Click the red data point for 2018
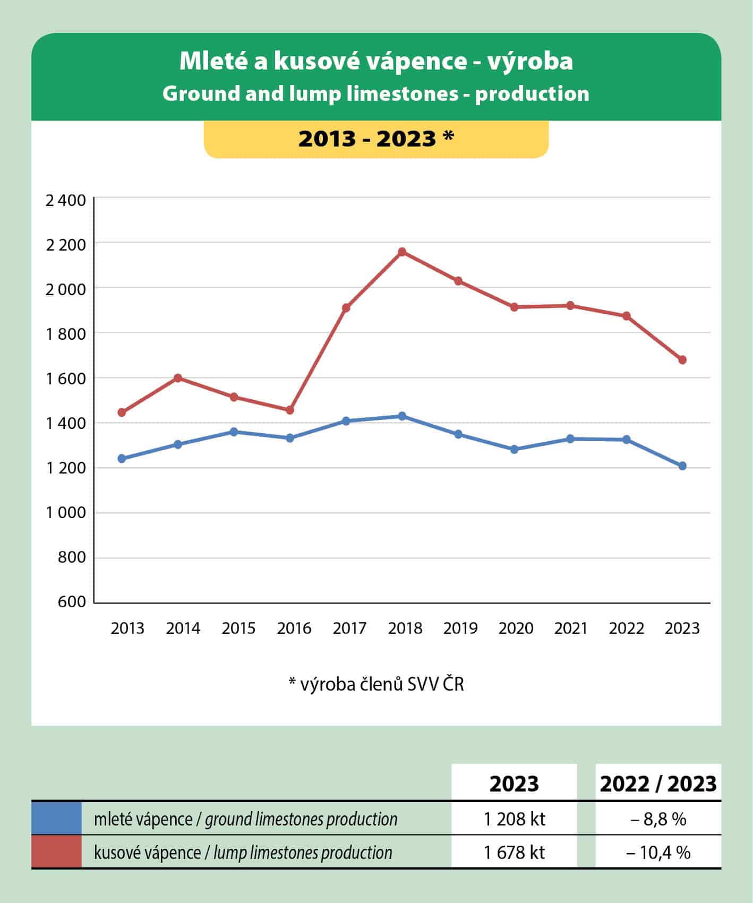pyautogui.click(x=402, y=252)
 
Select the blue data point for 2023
pyautogui.click(x=682, y=466)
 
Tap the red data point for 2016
pyautogui.click(x=289, y=410)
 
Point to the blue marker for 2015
pyautogui.click(x=234, y=432)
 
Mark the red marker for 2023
pyautogui.click(x=682, y=360)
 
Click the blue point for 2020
pyautogui.click(x=514, y=450)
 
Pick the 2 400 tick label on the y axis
pyautogui.click(x=65, y=201)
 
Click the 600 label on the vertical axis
pyautogui.click(x=73, y=602)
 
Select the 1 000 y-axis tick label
pyautogui.click(x=65, y=513)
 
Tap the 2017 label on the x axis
pyautogui.click(x=349, y=629)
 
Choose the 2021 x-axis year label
pyautogui.click(x=571, y=629)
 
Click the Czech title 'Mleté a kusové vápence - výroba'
pyautogui.click(x=376, y=61)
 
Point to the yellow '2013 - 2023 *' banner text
pyautogui.click(x=376, y=139)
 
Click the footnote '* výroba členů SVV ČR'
pyautogui.click(x=376, y=684)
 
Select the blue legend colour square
pyautogui.click(x=56, y=818)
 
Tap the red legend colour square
pyautogui.click(x=56, y=852)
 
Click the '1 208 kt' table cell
pyautogui.click(x=514, y=819)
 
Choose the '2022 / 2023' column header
pyautogui.click(x=658, y=784)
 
